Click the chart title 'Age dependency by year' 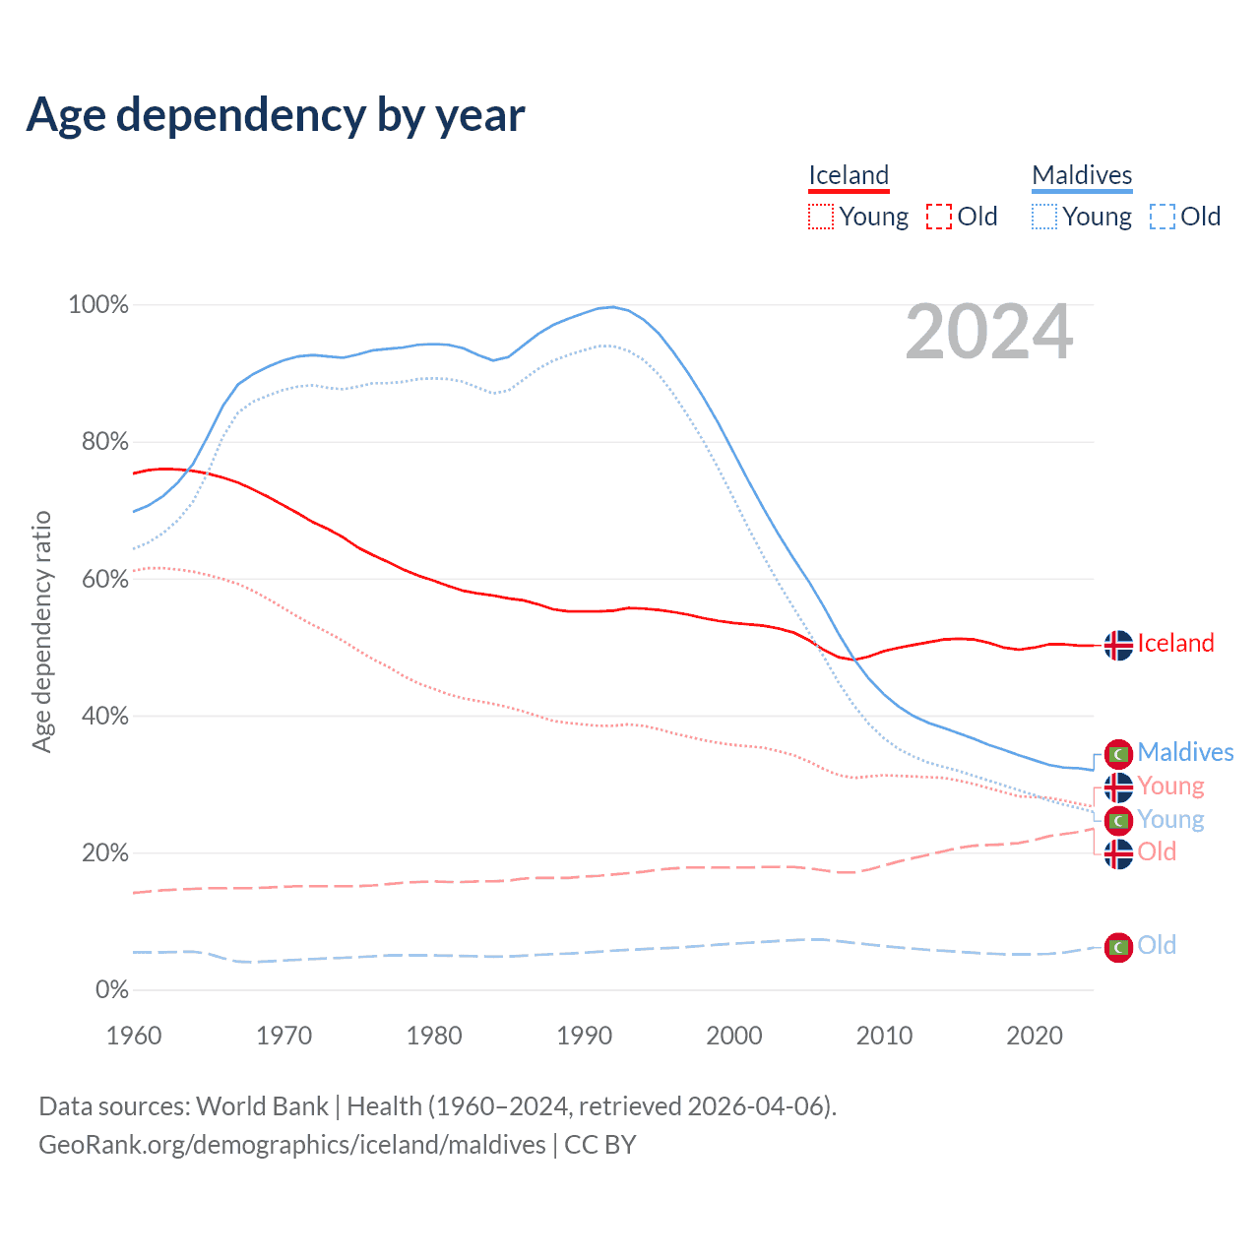point(276,115)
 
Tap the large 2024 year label point(988,333)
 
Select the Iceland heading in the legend point(849,175)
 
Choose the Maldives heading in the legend point(1082,175)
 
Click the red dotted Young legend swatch point(821,217)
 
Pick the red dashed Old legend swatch point(939,217)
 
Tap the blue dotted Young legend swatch point(1044,217)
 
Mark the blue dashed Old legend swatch point(1163,217)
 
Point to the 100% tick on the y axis point(98,305)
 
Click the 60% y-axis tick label point(105,579)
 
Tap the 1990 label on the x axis point(585,1036)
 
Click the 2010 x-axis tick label point(884,1036)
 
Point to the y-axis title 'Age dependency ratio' point(41,631)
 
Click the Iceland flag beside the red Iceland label point(1118,645)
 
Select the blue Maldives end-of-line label point(1185,753)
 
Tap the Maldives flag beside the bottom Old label point(1118,947)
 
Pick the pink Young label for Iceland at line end point(1170,787)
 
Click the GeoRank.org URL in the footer point(291,1145)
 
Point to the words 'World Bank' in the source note point(262,1106)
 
